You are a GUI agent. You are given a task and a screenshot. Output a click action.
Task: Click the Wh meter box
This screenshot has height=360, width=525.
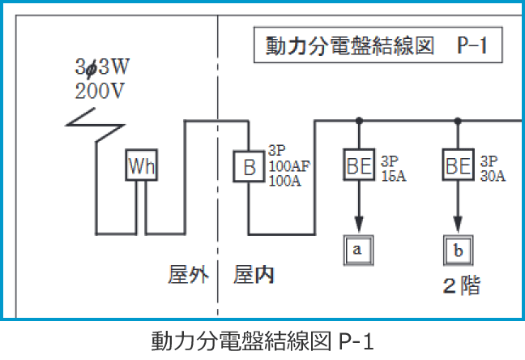coord(142,166)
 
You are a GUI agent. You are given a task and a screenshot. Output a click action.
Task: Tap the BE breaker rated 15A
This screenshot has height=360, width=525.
coord(358,166)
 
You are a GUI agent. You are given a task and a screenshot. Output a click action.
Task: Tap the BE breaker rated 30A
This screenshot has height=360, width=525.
coord(458,166)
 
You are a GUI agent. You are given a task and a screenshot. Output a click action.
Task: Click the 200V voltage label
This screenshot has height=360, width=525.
coord(100,90)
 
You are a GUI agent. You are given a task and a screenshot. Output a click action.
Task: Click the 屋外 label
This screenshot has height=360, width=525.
coord(188,275)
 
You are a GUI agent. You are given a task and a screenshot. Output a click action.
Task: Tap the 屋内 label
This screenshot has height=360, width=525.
coord(254,275)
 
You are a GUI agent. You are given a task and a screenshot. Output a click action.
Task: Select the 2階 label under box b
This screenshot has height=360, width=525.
coord(460,285)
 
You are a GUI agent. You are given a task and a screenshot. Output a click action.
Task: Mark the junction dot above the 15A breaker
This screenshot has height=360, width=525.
coord(357,121)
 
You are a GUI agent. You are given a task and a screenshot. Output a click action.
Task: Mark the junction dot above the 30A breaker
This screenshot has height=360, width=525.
coord(458,121)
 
